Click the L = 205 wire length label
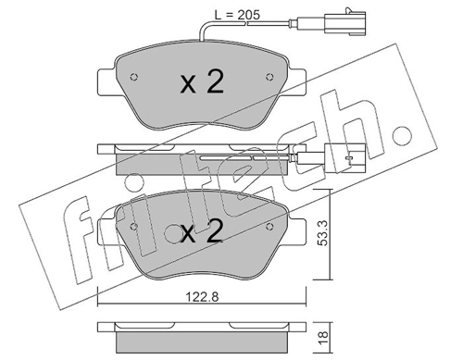(x=237, y=15)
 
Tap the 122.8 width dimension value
(x=202, y=297)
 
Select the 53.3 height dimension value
(x=323, y=233)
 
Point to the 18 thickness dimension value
(x=323, y=338)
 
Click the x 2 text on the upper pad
(x=202, y=81)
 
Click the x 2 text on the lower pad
(x=202, y=231)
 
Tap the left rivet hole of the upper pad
(x=134, y=77)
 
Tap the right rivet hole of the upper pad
(x=269, y=77)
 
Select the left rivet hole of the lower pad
(x=134, y=227)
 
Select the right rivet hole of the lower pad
(x=269, y=227)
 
